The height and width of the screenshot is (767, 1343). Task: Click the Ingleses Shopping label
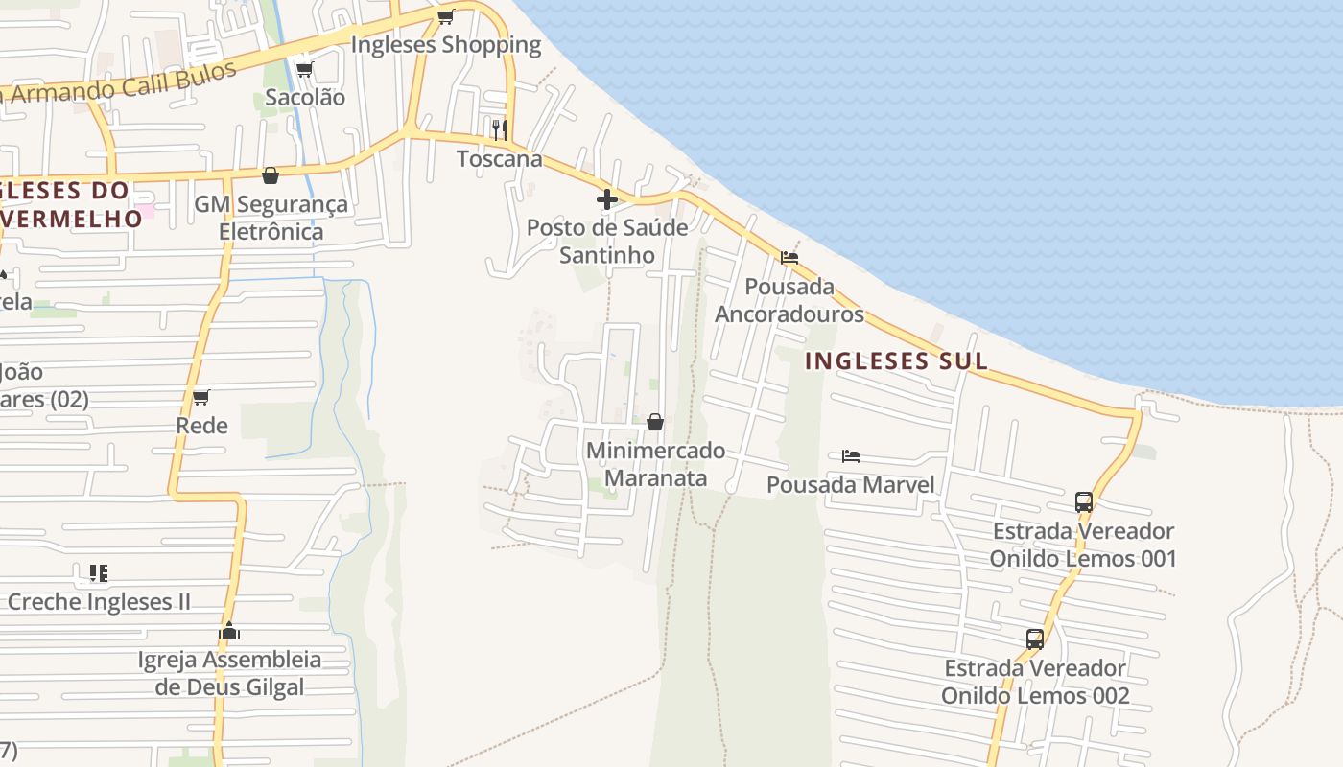click(x=446, y=45)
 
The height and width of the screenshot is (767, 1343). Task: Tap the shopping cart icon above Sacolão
click(x=304, y=69)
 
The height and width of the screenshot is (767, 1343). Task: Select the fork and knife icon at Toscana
click(x=500, y=129)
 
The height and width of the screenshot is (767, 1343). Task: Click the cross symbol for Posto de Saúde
click(x=607, y=199)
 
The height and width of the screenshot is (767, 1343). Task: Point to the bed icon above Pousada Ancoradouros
click(x=789, y=257)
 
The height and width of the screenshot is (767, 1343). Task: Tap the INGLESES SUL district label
click(x=896, y=361)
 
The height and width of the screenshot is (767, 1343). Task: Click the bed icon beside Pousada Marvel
click(x=851, y=455)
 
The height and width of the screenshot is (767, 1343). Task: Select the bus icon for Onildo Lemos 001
click(x=1084, y=501)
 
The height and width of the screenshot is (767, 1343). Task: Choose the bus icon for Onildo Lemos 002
click(x=1035, y=639)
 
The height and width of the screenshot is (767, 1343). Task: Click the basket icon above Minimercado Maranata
click(x=655, y=422)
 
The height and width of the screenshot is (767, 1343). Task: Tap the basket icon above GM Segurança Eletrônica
click(x=271, y=175)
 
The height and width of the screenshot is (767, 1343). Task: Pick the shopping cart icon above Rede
click(x=201, y=397)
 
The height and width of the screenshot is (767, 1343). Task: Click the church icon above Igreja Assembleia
click(x=229, y=631)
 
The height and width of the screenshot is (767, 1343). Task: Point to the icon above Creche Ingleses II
click(x=98, y=573)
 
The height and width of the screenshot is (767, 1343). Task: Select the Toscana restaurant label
click(x=500, y=159)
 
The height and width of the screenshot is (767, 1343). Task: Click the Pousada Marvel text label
click(x=850, y=485)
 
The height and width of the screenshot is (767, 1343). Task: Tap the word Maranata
click(x=656, y=477)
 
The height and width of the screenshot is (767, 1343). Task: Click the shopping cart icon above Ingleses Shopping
click(x=445, y=16)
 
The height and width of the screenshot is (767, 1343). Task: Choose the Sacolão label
click(x=305, y=97)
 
